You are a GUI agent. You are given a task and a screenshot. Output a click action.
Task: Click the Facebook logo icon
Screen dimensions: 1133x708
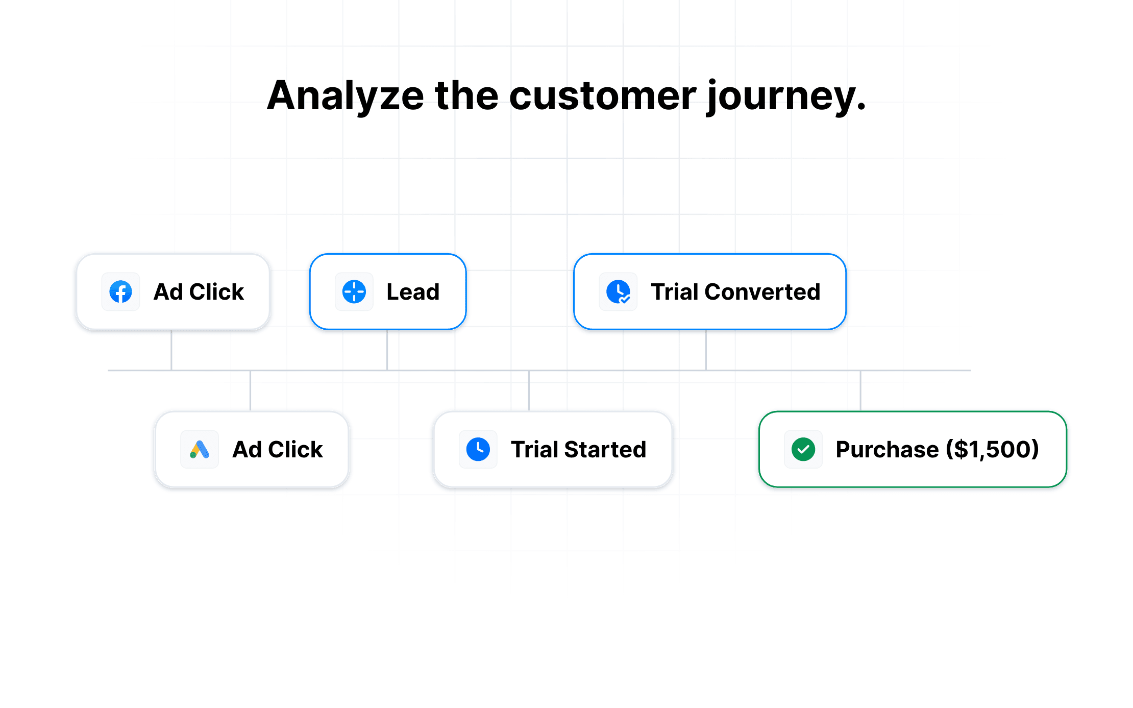point(121,292)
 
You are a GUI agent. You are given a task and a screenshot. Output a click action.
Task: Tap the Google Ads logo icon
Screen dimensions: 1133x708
point(200,449)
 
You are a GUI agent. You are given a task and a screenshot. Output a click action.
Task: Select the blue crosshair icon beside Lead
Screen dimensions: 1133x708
point(354,292)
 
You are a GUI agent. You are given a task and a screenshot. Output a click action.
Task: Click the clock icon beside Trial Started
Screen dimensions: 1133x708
point(478,449)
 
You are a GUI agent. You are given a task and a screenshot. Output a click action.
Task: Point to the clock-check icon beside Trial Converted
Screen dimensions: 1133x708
point(618,292)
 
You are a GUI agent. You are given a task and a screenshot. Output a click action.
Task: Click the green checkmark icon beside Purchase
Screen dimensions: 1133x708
point(803,449)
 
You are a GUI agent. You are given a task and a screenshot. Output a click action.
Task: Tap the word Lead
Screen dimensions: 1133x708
point(413,292)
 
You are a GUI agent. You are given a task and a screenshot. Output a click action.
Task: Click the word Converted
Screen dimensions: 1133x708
point(762,292)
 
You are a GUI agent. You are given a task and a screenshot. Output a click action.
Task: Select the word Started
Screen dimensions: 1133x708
point(605,450)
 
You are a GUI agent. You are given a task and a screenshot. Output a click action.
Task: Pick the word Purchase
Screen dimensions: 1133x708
point(887,450)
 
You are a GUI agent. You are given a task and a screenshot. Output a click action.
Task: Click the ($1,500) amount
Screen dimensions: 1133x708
point(993,450)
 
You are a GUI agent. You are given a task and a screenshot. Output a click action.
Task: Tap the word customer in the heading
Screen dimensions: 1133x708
point(603,96)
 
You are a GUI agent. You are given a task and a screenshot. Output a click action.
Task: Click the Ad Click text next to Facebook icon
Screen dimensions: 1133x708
point(199,292)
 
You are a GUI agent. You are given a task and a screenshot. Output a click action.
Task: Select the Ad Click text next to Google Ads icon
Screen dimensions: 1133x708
point(278,450)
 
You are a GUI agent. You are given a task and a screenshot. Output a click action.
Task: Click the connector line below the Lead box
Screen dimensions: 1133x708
point(387,350)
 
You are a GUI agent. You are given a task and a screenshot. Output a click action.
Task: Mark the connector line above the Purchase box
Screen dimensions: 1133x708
point(860,390)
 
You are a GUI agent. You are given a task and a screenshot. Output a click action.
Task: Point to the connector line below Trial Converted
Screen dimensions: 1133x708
point(706,350)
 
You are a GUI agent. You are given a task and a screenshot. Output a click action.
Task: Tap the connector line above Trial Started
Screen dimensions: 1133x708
point(529,390)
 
